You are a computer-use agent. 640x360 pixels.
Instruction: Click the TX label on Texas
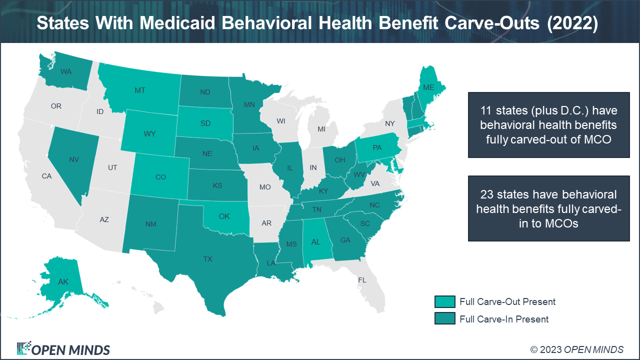[x=207, y=259]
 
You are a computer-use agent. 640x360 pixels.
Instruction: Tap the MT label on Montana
[x=140, y=90]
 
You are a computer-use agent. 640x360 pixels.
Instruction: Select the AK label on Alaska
[x=63, y=282]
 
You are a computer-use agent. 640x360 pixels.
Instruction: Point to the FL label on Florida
[x=362, y=280]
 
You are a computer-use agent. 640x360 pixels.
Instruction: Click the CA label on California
[x=46, y=176]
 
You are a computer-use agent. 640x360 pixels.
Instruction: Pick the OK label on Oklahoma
[x=224, y=216]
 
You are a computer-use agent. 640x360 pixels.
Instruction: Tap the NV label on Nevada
[x=74, y=160]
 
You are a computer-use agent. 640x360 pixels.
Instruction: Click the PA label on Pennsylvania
[x=377, y=148]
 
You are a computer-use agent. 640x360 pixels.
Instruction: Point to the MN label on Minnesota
[x=249, y=105]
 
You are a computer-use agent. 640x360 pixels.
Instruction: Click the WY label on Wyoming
[x=149, y=134]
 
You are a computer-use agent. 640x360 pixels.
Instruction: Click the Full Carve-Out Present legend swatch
[x=444, y=301]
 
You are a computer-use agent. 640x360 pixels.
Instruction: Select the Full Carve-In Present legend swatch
[x=444, y=319]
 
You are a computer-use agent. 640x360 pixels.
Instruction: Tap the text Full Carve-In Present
[x=504, y=319]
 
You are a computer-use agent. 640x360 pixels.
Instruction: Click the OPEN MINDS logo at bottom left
[x=63, y=349]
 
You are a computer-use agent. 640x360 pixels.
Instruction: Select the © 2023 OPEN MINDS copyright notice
[x=576, y=349]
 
